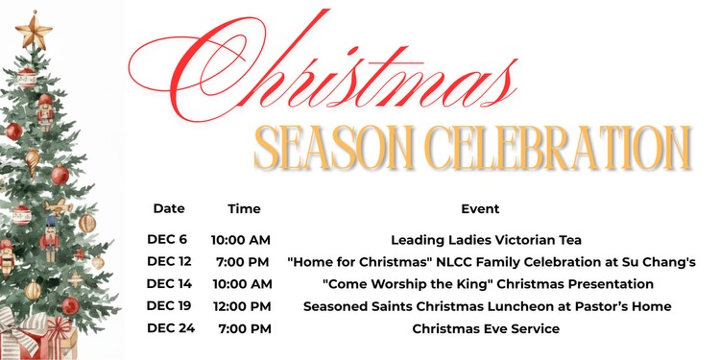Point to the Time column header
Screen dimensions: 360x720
tap(244, 208)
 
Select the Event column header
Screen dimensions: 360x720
tap(480, 208)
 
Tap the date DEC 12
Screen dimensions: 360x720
tap(169, 261)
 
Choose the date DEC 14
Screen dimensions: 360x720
tap(169, 284)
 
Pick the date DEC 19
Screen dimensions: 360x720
tap(169, 306)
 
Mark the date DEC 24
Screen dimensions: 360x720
tap(169, 329)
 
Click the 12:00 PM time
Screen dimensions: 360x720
tap(241, 306)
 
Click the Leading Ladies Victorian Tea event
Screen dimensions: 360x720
tap(487, 239)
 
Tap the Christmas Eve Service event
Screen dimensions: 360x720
tap(486, 329)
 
